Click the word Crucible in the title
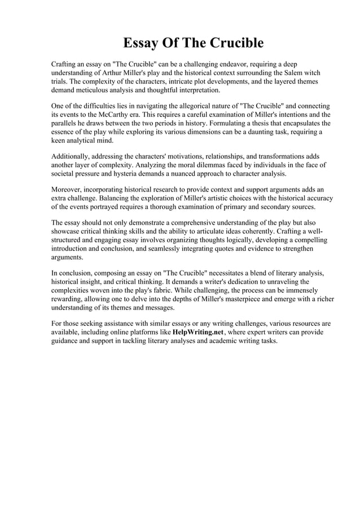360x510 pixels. tap(238, 43)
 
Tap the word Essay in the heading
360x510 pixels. tap(142, 43)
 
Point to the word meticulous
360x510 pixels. tap(102, 90)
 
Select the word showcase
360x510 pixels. tap(67, 232)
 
